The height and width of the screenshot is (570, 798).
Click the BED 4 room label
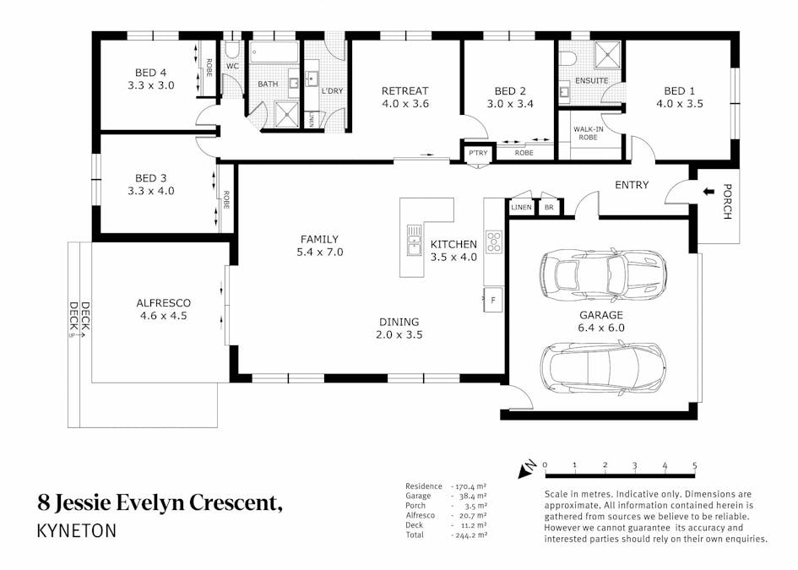(150, 73)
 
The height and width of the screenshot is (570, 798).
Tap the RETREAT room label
(405, 91)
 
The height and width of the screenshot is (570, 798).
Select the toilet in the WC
(232, 49)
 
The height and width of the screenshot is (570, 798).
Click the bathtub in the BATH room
(274, 52)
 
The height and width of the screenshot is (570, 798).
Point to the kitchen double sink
(415, 240)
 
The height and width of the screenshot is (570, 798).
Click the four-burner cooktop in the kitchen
(494, 242)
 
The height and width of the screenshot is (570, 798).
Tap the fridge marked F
(492, 301)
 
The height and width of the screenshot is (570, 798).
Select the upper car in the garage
(603, 274)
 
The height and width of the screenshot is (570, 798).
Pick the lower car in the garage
(603, 367)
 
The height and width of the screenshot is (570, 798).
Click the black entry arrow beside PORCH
(708, 192)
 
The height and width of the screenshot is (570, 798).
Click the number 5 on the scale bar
(695, 465)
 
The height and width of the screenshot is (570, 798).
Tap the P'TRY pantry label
(478, 153)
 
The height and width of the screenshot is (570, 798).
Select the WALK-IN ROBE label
(589, 133)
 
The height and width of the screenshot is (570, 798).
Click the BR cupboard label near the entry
(549, 207)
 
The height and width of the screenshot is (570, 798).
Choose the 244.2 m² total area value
(469, 535)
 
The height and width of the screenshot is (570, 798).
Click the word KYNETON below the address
(77, 531)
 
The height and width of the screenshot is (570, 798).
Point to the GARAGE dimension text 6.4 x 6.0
(601, 328)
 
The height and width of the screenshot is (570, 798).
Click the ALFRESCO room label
(163, 303)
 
